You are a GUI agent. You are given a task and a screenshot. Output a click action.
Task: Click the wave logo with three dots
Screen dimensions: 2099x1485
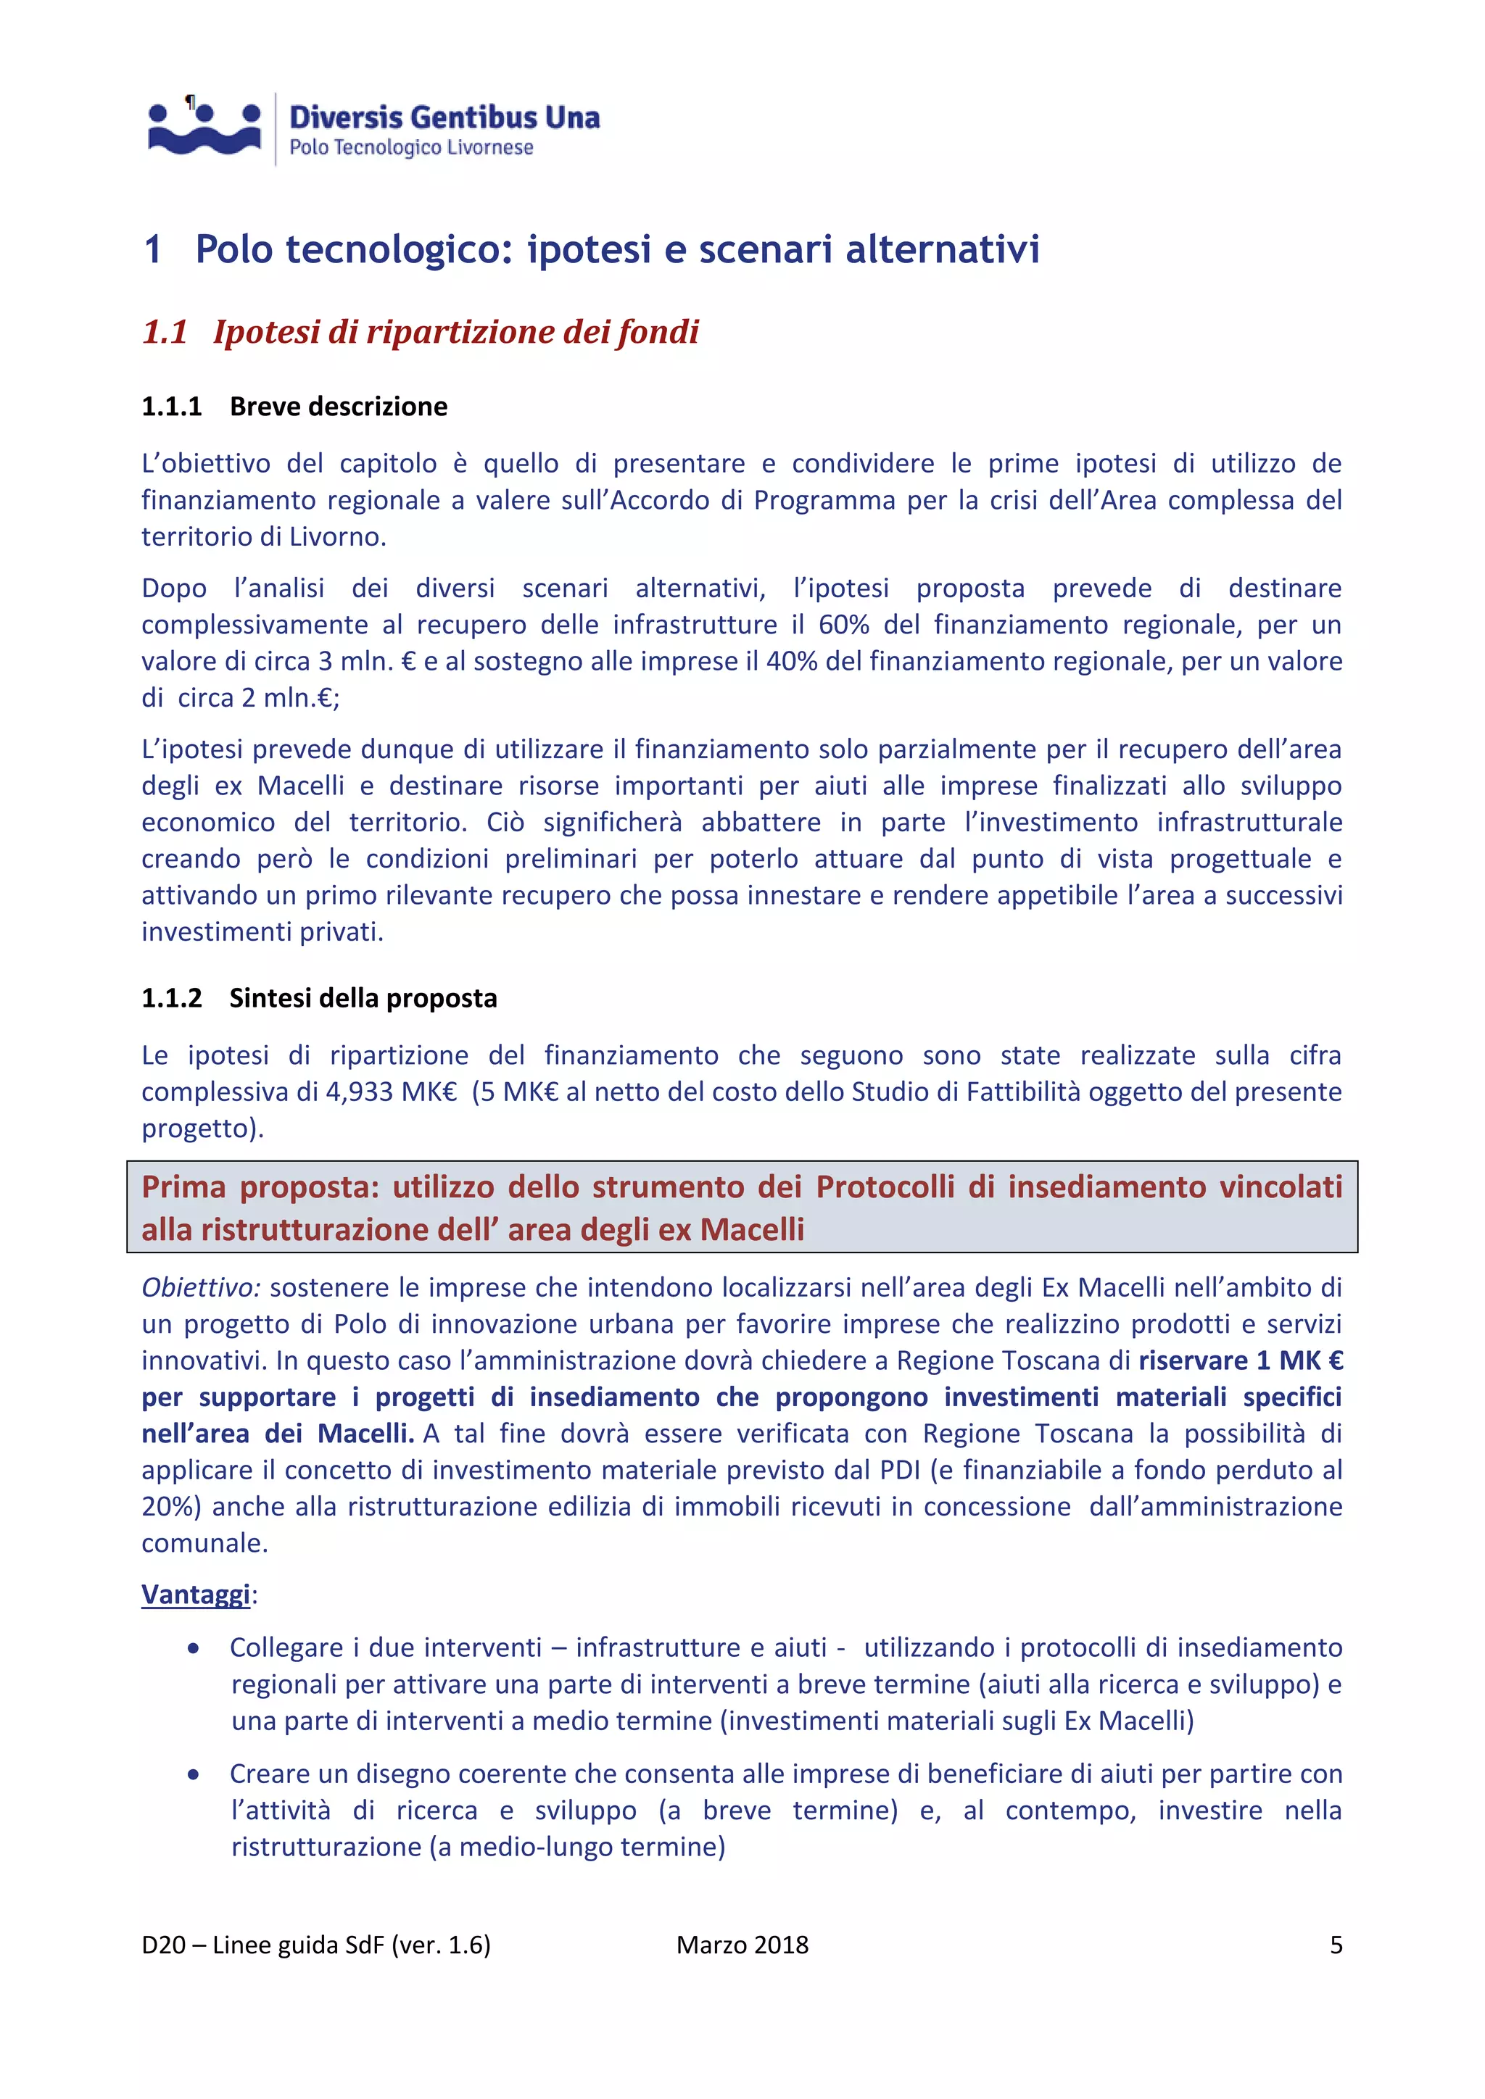pos(204,129)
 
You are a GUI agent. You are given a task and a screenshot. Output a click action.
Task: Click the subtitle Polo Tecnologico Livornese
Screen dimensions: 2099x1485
pos(410,148)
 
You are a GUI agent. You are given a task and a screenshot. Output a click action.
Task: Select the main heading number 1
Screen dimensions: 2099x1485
pos(153,249)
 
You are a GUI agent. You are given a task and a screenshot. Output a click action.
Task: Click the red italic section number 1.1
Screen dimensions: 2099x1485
pos(165,332)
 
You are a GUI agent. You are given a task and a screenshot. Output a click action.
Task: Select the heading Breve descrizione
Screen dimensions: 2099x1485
pos(339,407)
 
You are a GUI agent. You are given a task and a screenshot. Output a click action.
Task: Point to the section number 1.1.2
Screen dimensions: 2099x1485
pos(171,998)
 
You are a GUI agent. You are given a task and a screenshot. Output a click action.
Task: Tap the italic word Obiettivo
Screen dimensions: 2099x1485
pos(200,1288)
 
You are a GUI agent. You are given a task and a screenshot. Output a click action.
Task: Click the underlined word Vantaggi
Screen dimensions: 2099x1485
pos(196,1595)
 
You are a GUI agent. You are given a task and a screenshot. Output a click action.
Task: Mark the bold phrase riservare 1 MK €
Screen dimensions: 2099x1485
pos(1240,1361)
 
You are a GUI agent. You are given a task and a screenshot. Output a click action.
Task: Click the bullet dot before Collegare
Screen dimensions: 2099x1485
pos(193,1649)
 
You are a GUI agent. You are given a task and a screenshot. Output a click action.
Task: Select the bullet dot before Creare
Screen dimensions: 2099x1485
pos(193,1775)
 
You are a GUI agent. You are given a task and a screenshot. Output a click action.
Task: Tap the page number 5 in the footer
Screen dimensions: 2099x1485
pos(1335,1945)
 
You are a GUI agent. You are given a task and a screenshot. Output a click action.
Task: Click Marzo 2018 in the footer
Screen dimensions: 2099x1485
pos(742,1945)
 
